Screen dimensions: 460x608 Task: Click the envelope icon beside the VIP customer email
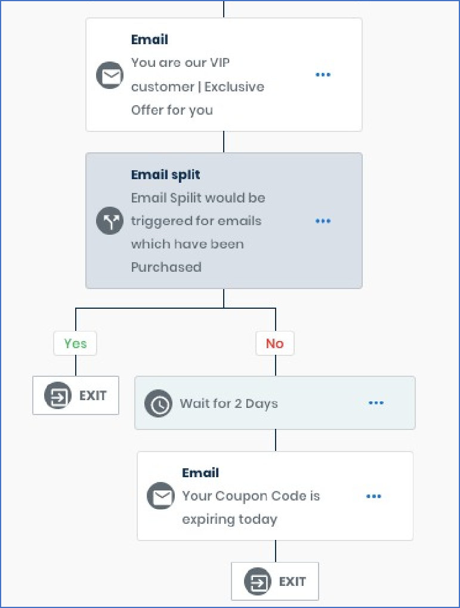tap(110, 75)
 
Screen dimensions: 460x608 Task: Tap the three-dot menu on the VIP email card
tap(323, 75)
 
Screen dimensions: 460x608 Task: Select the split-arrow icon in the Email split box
tap(110, 220)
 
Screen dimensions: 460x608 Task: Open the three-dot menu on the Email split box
tap(323, 221)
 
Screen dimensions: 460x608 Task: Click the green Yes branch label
tap(75, 343)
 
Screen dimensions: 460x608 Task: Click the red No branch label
tap(275, 343)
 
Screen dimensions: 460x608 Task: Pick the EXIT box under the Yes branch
tap(76, 395)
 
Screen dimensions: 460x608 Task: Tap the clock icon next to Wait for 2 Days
tap(158, 403)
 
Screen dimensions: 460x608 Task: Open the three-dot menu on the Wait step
tap(376, 403)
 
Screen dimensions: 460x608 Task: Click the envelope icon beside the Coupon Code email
tap(160, 496)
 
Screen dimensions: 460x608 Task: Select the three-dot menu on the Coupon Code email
tap(373, 496)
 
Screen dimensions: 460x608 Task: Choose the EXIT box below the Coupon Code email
tap(275, 581)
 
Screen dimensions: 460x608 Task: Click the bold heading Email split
tap(166, 175)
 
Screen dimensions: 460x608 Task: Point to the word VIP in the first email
tap(220, 63)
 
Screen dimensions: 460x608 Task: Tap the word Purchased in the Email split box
tap(166, 267)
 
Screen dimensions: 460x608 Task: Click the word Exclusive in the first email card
tap(234, 87)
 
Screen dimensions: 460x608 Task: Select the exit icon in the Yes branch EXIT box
tap(58, 395)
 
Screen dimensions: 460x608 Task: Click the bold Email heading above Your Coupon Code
tap(200, 472)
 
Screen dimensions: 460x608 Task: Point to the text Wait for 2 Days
tap(229, 404)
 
